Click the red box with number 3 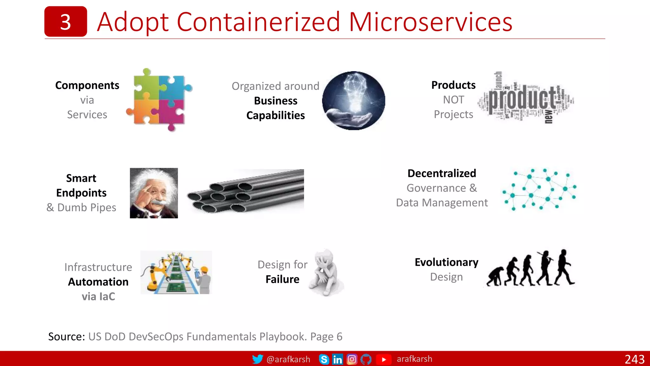pos(65,22)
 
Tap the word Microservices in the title pos(430,22)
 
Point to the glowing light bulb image pos(354,100)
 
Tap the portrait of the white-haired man pos(154,193)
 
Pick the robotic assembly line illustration pos(176,272)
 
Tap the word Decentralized pos(442,173)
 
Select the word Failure pos(282,279)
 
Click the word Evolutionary pos(446,262)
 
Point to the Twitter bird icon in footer pos(257,359)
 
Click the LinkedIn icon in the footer pos(337,359)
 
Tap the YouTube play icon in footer pos(384,359)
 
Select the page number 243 pos(634,359)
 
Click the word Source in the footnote pos(66,336)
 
